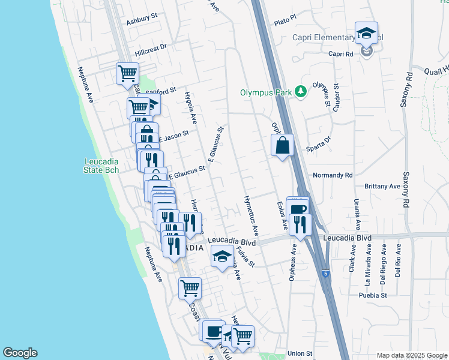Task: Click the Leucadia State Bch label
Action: [x=101, y=166]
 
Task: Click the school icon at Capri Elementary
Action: [x=366, y=34]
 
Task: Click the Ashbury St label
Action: [x=141, y=22]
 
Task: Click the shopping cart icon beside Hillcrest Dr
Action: [x=127, y=74]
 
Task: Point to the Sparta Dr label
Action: [x=320, y=141]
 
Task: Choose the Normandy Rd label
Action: [x=333, y=175]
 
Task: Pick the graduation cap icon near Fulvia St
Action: [x=222, y=256]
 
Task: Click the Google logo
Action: [x=20, y=353]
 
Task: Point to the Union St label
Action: [x=300, y=353]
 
